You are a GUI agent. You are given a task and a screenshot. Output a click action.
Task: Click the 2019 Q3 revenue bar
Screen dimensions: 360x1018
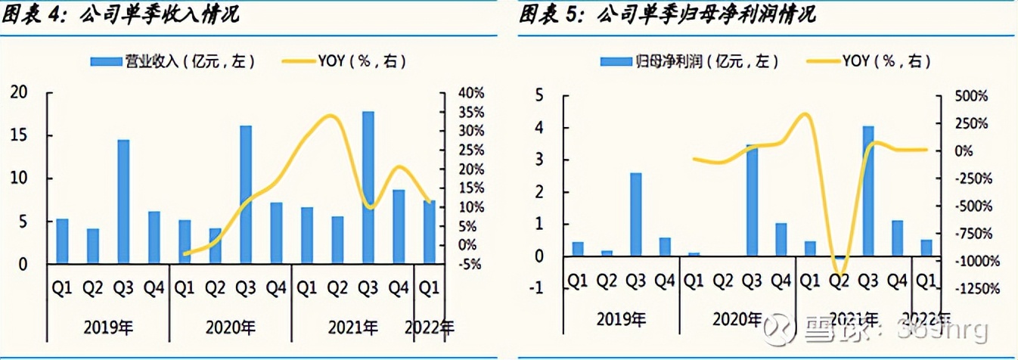click(123, 201)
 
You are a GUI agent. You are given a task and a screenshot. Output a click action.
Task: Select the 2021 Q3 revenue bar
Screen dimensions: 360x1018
click(368, 188)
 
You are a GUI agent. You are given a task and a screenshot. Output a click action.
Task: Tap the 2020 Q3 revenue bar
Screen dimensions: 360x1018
click(245, 194)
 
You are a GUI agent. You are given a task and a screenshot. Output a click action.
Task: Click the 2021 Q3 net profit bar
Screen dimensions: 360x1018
click(868, 191)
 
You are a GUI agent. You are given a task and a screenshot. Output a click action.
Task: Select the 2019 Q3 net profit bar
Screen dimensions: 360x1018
click(636, 215)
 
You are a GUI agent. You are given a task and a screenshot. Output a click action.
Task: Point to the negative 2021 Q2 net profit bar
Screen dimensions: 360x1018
click(839, 259)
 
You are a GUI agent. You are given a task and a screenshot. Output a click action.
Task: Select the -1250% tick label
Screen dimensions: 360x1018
click(970, 289)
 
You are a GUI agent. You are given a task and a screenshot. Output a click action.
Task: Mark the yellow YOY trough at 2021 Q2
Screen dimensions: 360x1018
click(840, 271)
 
